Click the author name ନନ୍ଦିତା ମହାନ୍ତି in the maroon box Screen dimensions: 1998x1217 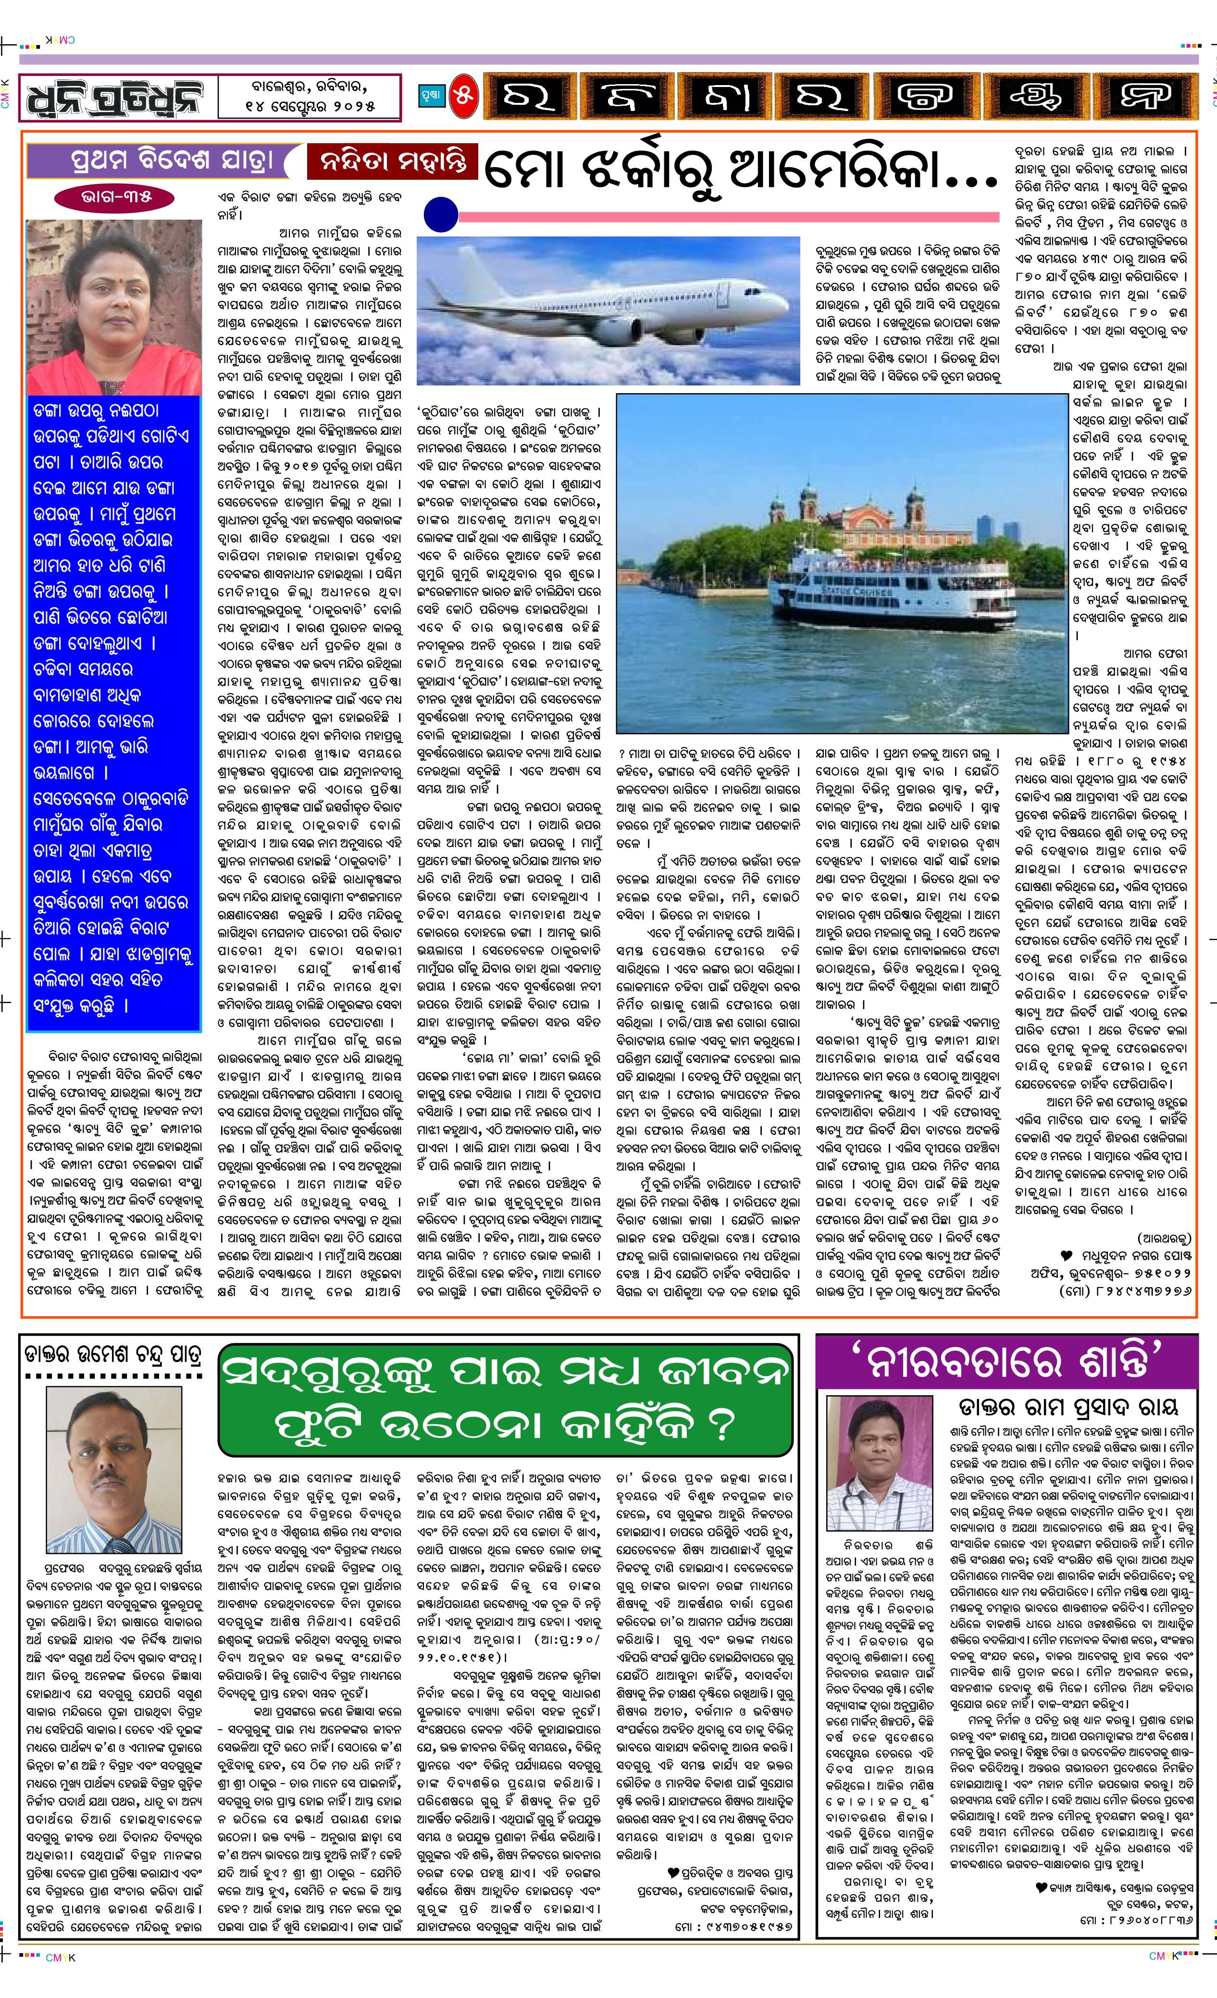click(x=392, y=161)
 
